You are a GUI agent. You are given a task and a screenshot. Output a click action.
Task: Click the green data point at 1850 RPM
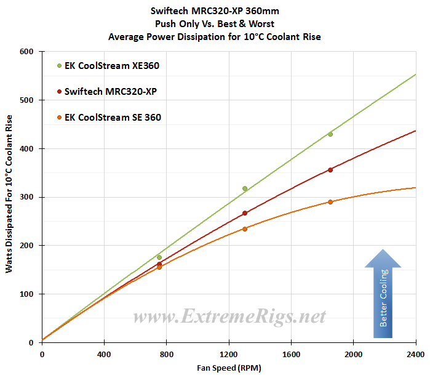click(330, 134)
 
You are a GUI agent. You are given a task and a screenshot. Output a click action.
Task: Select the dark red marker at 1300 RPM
click(245, 213)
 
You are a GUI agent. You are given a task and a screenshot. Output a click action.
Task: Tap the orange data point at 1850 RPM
click(330, 202)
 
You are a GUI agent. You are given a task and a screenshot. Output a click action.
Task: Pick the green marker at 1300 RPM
click(245, 188)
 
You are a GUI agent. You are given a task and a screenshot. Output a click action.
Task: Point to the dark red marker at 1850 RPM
click(330, 170)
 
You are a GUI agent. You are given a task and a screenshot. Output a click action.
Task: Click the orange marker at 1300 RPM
click(245, 229)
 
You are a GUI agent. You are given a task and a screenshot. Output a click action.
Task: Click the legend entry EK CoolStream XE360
click(107, 65)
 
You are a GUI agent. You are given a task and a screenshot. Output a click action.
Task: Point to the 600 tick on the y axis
click(26, 52)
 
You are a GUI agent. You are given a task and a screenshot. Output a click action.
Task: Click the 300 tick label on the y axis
click(26, 197)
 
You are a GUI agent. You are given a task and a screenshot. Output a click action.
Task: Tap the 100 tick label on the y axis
click(26, 294)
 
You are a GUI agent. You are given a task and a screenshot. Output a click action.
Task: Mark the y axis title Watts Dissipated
click(9, 197)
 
